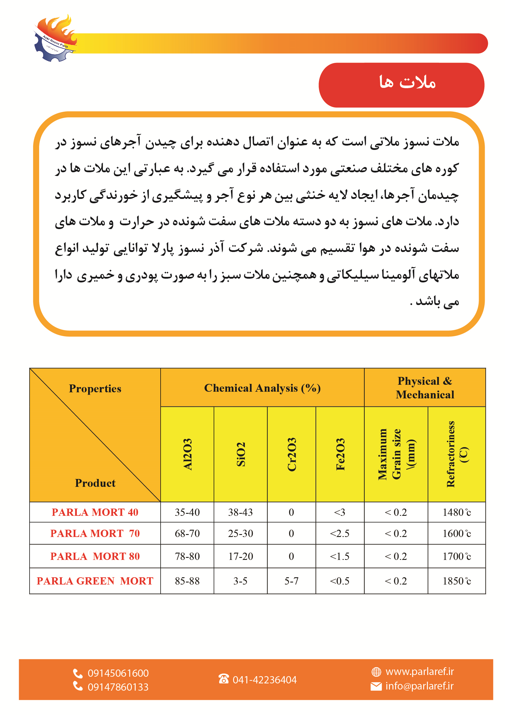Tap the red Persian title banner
[401, 85]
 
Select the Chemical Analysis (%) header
[262, 388]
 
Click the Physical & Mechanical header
[425, 388]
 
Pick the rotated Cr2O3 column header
[291, 454]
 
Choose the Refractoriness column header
[456, 454]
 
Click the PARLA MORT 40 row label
[95, 512]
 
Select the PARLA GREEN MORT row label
[95, 581]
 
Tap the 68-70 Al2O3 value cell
[187, 533]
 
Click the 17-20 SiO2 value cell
[240, 556]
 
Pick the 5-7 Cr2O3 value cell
[291, 581]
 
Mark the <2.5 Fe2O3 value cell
[340, 533]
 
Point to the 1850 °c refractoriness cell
[456, 581]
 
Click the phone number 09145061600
[118, 673]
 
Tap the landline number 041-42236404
[264, 680]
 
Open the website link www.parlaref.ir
[419, 672]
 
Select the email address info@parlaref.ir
[419, 686]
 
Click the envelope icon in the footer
[376, 686]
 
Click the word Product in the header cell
[95, 483]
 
